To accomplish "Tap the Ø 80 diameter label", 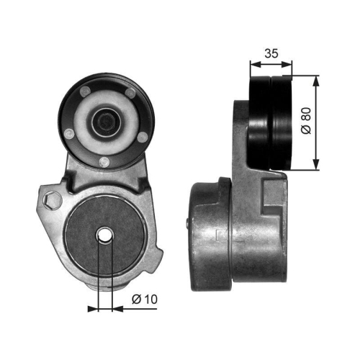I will coord(306,121).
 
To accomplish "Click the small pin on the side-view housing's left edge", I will coord(189,221).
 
